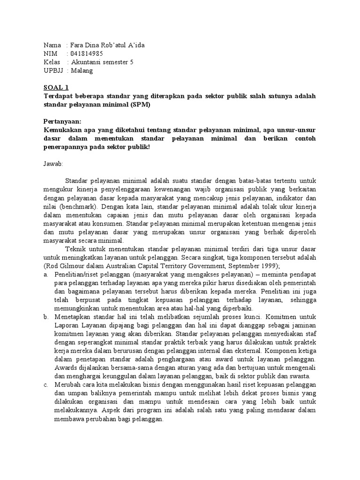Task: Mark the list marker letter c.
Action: coord(45,385)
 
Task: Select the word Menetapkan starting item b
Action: coord(73,317)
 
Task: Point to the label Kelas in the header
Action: coord(52,62)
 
